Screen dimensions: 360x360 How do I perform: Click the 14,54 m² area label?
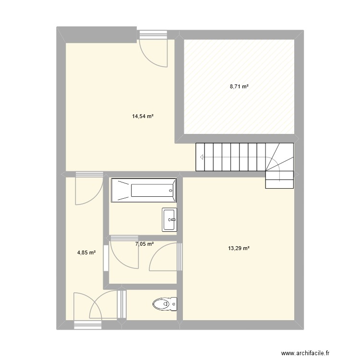pyautogui.click(x=143, y=116)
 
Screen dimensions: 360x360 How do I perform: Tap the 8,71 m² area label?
pyautogui.click(x=239, y=87)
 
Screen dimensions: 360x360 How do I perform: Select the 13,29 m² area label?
pyautogui.click(x=239, y=248)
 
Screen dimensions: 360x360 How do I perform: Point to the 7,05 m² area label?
pyautogui.click(x=144, y=244)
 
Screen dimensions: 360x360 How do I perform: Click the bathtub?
pyautogui.click(x=144, y=191)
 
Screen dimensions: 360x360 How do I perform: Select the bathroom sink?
pyautogui.click(x=169, y=220)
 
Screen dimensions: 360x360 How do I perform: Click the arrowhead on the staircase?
pyautogui.click(x=202, y=157)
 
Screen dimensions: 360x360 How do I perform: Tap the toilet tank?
pyautogui.click(x=174, y=304)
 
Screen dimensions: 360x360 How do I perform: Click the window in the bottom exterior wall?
pyautogui.click(x=89, y=325)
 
